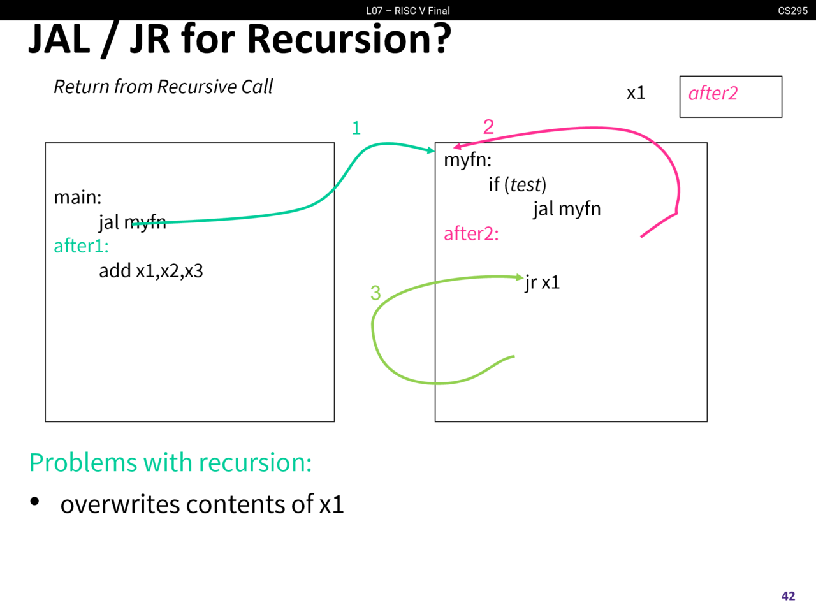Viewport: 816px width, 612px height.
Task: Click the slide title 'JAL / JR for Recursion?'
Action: (239, 40)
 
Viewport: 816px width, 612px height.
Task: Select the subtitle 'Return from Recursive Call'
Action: (163, 87)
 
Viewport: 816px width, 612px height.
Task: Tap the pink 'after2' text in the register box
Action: (713, 94)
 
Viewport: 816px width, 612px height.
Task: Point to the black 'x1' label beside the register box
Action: (636, 93)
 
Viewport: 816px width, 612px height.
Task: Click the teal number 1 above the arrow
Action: (356, 128)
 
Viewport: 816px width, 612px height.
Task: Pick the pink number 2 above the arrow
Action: (488, 126)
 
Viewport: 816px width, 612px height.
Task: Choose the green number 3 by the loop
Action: (375, 293)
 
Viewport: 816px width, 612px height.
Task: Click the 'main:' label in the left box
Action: (77, 197)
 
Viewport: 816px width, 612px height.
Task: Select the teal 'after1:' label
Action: (81, 246)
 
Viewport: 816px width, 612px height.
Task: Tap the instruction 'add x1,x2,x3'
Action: (150, 271)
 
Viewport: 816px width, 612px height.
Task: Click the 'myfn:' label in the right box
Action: (467, 159)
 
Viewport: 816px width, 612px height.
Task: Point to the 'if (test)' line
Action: (517, 184)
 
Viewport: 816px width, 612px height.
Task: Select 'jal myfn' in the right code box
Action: (567, 208)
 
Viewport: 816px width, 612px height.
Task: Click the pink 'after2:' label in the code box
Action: (471, 233)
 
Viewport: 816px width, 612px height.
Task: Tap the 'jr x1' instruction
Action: (543, 282)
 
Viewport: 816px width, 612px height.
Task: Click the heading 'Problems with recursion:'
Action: (170, 462)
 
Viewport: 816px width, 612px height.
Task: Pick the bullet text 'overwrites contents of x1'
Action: (202, 504)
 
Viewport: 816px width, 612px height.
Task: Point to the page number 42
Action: (788, 595)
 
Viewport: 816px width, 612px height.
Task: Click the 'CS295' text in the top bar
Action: (792, 10)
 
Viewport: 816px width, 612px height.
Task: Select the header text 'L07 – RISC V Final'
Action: (407, 10)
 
